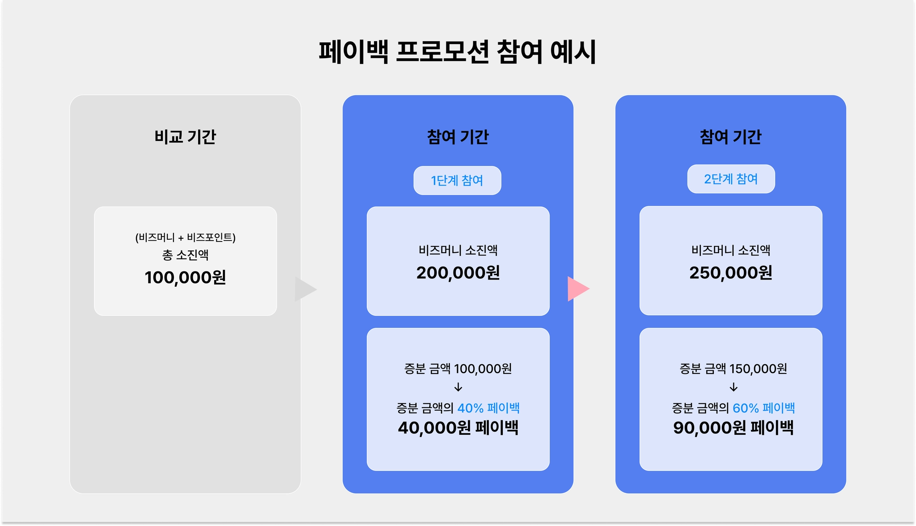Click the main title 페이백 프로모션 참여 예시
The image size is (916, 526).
click(x=457, y=52)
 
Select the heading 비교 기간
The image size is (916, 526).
click(x=185, y=137)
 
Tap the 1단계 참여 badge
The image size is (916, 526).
click(x=457, y=180)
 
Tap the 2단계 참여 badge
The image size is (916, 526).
click(x=731, y=179)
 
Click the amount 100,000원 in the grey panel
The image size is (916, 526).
click(x=185, y=277)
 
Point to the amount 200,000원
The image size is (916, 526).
click(x=458, y=272)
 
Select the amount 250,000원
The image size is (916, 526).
click(x=731, y=272)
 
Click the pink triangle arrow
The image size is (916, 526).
click(x=577, y=289)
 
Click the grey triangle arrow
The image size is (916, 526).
click(x=305, y=289)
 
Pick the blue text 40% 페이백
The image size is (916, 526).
click(x=488, y=408)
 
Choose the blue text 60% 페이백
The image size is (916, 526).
click(x=763, y=408)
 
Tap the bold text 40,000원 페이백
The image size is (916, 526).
click(x=458, y=428)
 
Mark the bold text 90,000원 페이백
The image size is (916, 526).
click(x=733, y=428)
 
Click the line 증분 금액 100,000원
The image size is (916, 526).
click(x=458, y=369)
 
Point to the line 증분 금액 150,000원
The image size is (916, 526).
click(x=733, y=369)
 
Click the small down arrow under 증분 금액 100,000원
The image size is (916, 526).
click(x=458, y=387)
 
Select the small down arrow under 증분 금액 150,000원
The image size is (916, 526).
click(x=733, y=387)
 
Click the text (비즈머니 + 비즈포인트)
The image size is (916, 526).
click(x=185, y=238)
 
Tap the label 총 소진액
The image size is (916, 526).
click(x=185, y=255)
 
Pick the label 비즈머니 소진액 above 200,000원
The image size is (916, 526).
click(x=458, y=250)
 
